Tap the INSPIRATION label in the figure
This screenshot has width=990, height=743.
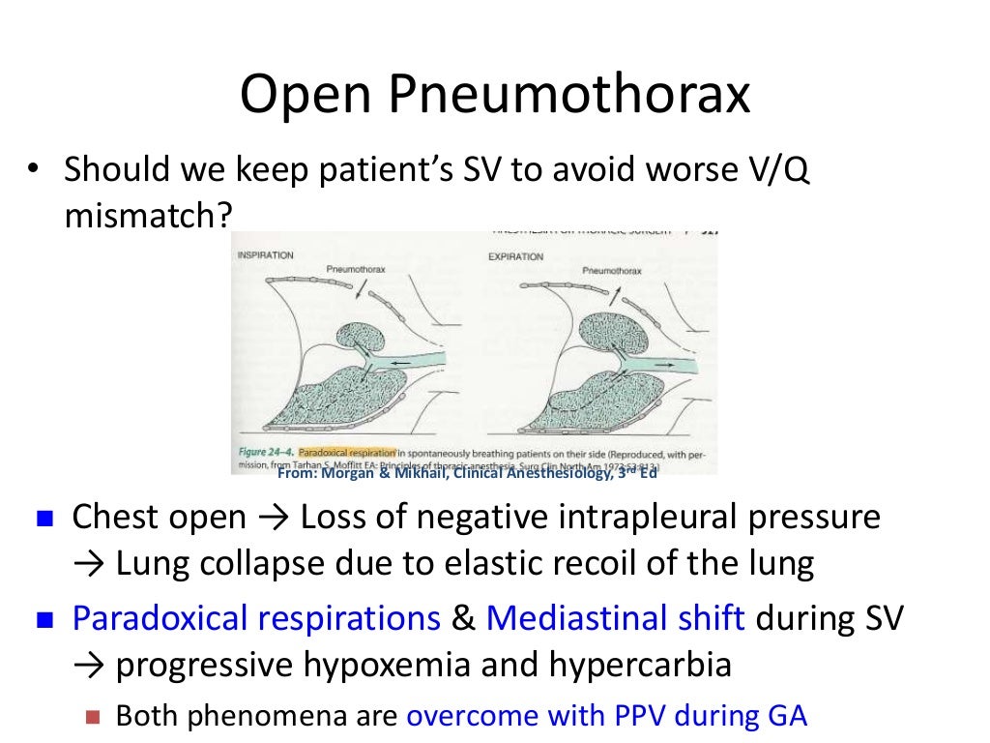(x=265, y=255)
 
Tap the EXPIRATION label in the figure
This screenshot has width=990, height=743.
(x=515, y=256)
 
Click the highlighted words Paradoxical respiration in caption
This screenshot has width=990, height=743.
(x=347, y=452)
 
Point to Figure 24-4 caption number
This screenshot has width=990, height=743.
(x=266, y=452)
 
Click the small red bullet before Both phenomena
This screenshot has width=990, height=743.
(x=93, y=717)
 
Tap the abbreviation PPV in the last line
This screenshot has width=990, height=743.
(x=640, y=716)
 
